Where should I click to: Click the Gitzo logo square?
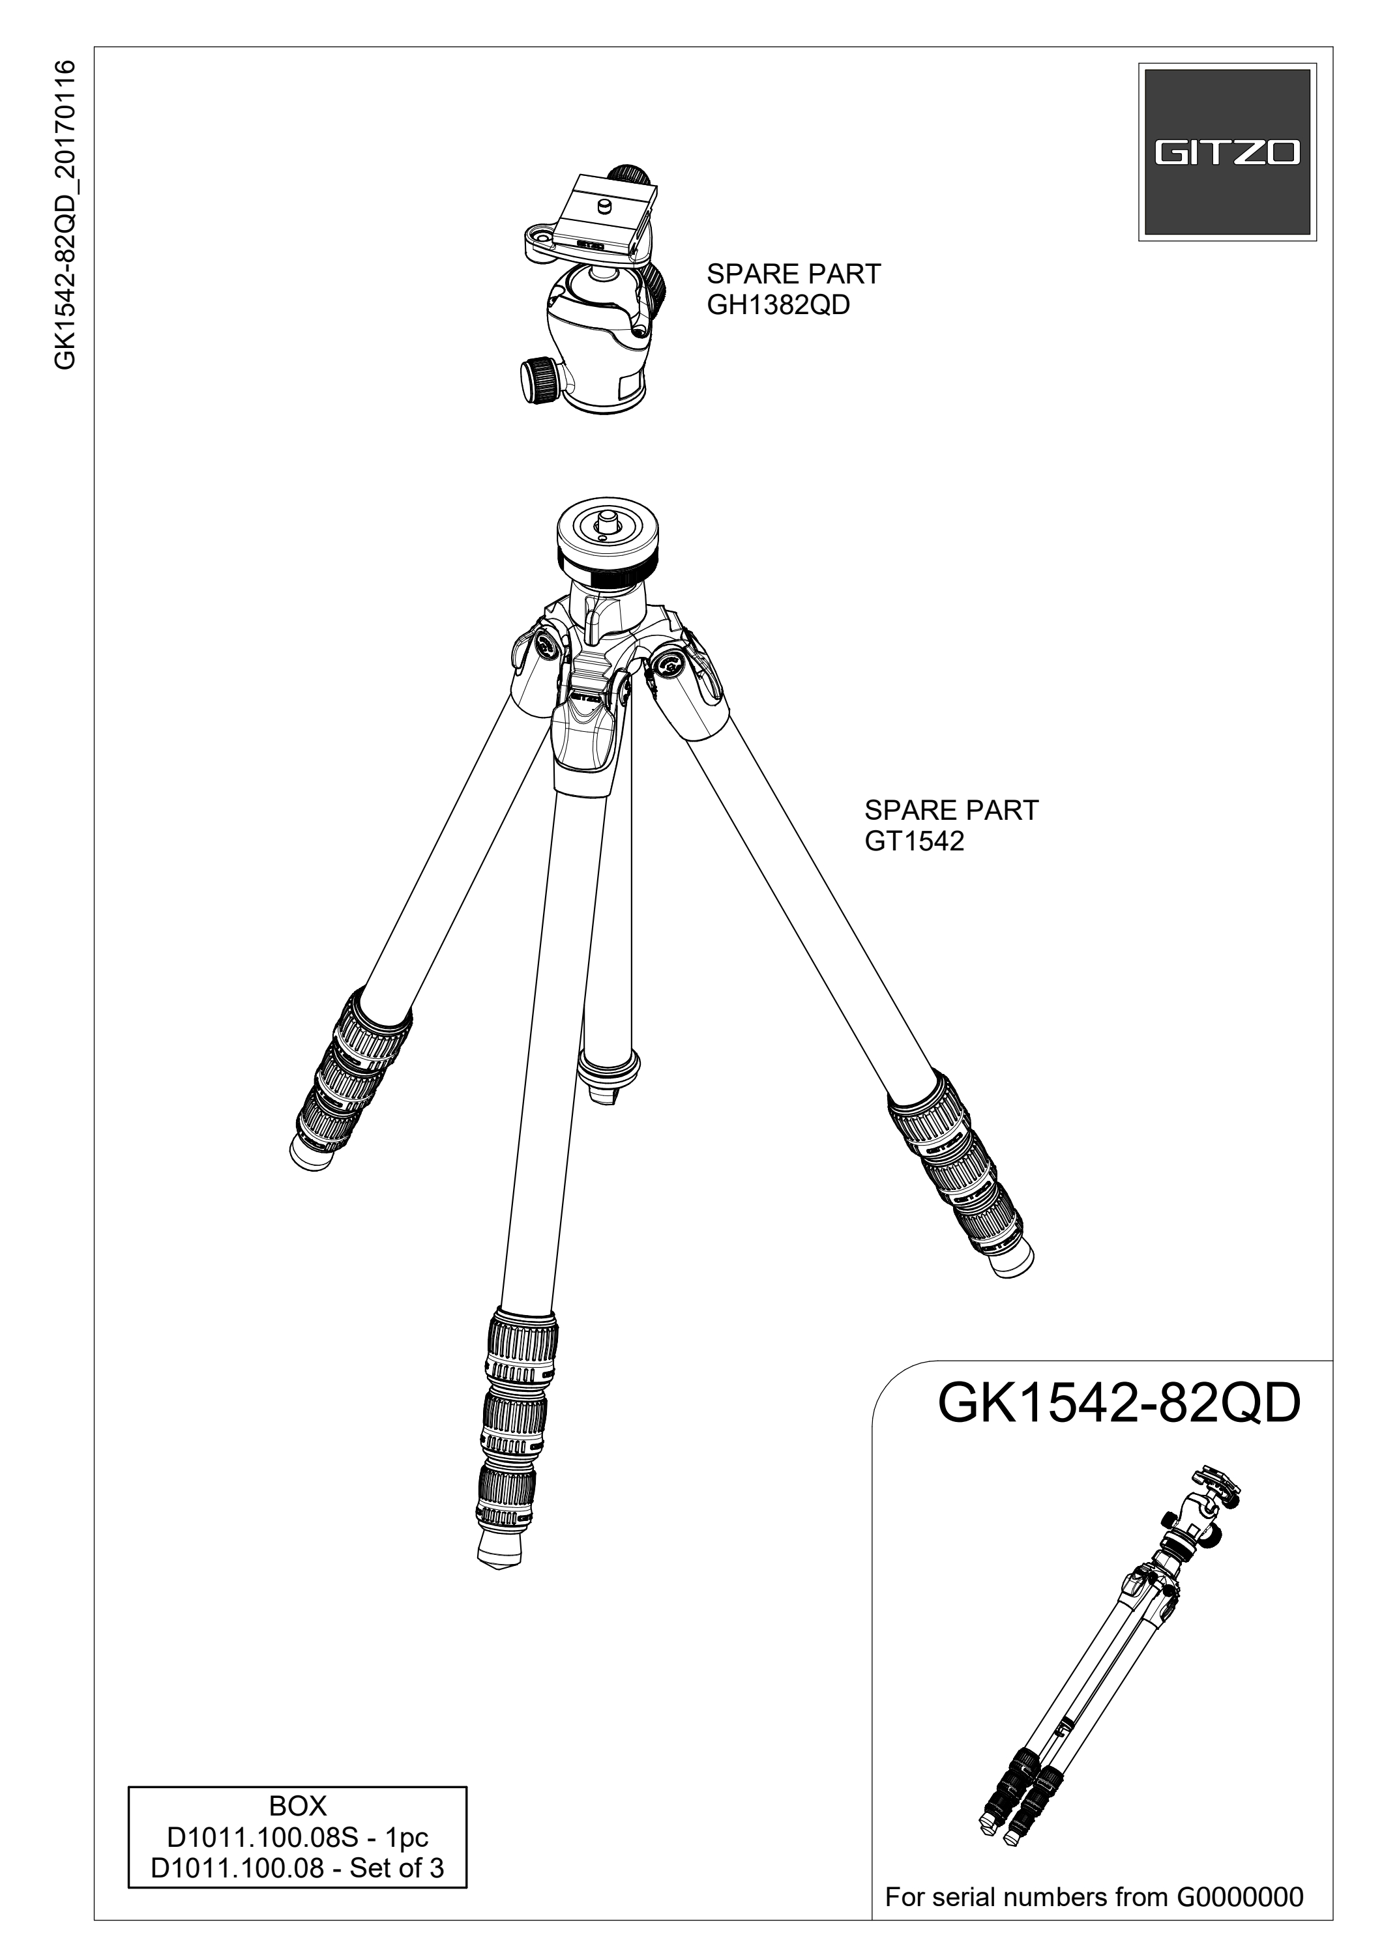(1227, 152)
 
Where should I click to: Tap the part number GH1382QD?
(778, 305)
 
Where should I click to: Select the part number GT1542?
(914, 841)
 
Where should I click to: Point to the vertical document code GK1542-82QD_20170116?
(66, 214)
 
